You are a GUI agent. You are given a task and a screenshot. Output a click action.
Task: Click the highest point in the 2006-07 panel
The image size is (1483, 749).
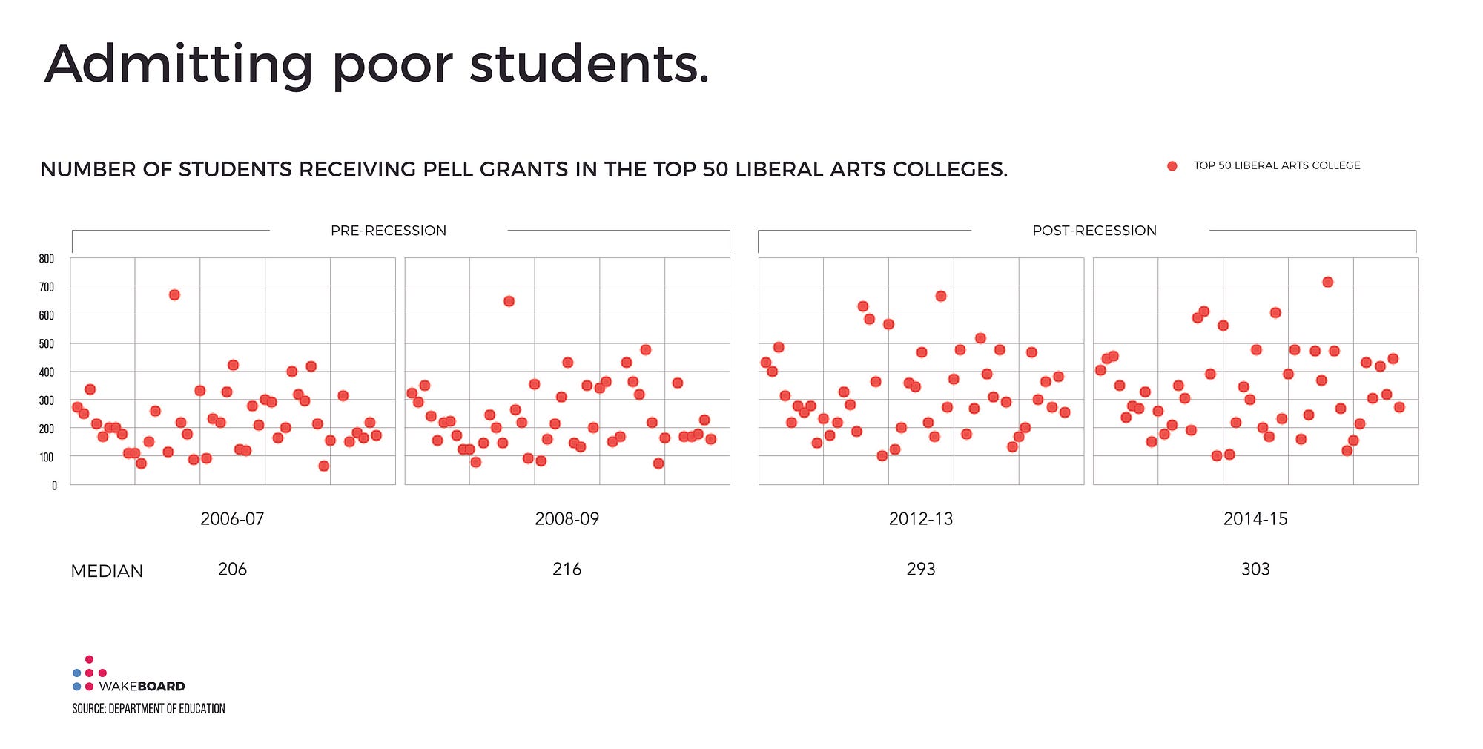click(x=174, y=294)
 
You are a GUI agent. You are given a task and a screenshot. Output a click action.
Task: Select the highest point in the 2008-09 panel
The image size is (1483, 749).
click(x=509, y=301)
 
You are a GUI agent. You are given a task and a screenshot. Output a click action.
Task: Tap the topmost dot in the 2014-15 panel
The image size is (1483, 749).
click(x=1327, y=282)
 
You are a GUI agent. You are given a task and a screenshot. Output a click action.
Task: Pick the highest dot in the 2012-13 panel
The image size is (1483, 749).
click(x=940, y=296)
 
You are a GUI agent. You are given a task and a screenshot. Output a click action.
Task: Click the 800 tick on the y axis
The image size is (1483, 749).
click(x=47, y=259)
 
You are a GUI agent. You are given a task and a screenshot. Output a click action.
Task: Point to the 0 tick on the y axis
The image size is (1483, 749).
click(x=54, y=486)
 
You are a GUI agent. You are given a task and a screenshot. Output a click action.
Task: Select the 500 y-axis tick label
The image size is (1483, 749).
click(x=47, y=344)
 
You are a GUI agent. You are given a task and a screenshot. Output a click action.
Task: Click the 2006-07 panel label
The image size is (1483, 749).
click(x=232, y=519)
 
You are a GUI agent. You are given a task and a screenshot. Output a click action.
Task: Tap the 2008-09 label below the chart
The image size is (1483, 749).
click(x=567, y=519)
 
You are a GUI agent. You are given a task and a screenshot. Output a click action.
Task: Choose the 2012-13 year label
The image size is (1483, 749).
click(x=920, y=519)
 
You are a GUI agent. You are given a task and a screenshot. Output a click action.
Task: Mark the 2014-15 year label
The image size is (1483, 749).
click(x=1255, y=519)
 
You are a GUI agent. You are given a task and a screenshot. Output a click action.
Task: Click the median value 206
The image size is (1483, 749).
click(x=232, y=570)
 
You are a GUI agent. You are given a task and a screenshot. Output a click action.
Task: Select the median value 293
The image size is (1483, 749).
click(x=920, y=570)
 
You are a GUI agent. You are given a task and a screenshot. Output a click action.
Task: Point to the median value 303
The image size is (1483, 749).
click(x=1255, y=570)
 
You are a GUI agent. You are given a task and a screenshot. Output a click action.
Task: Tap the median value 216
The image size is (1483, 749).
click(x=567, y=570)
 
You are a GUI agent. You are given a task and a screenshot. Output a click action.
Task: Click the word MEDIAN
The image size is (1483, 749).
click(x=107, y=571)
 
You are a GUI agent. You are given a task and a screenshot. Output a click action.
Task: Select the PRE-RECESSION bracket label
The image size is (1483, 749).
click(x=388, y=231)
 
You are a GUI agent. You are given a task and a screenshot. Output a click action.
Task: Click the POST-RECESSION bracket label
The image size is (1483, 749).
click(x=1094, y=231)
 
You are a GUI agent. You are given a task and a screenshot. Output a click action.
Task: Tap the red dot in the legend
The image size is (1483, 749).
click(x=1172, y=166)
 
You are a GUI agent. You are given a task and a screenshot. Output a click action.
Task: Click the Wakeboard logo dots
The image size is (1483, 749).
click(x=89, y=673)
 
